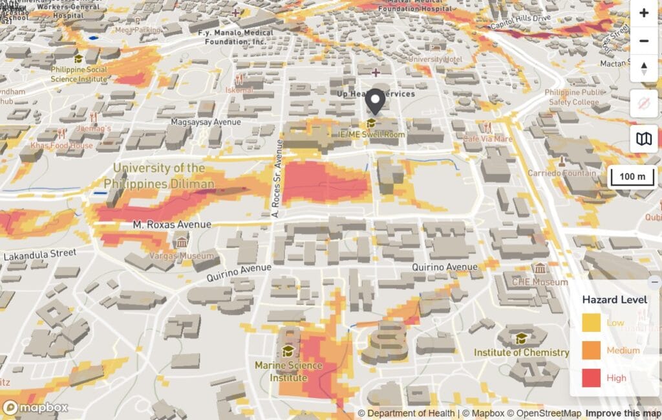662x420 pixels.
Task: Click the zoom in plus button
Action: pos(644,13)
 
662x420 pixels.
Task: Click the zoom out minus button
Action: pos(644,41)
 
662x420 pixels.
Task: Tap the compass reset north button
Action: pos(644,68)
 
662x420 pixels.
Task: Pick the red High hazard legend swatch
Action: pos(591,378)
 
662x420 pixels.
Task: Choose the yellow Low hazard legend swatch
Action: pos(591,323)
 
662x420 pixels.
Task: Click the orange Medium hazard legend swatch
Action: pos(591,350)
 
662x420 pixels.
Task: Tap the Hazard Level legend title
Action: pos(615,300)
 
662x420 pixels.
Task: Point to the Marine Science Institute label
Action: pos(288,371)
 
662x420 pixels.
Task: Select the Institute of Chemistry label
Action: pos(521,353)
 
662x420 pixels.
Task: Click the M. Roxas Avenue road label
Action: pos(172,225)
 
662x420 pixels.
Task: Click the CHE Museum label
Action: pos(539,282)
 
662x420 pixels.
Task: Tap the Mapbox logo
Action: pos(36,408)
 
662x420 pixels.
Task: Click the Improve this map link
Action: pos(623,414)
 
